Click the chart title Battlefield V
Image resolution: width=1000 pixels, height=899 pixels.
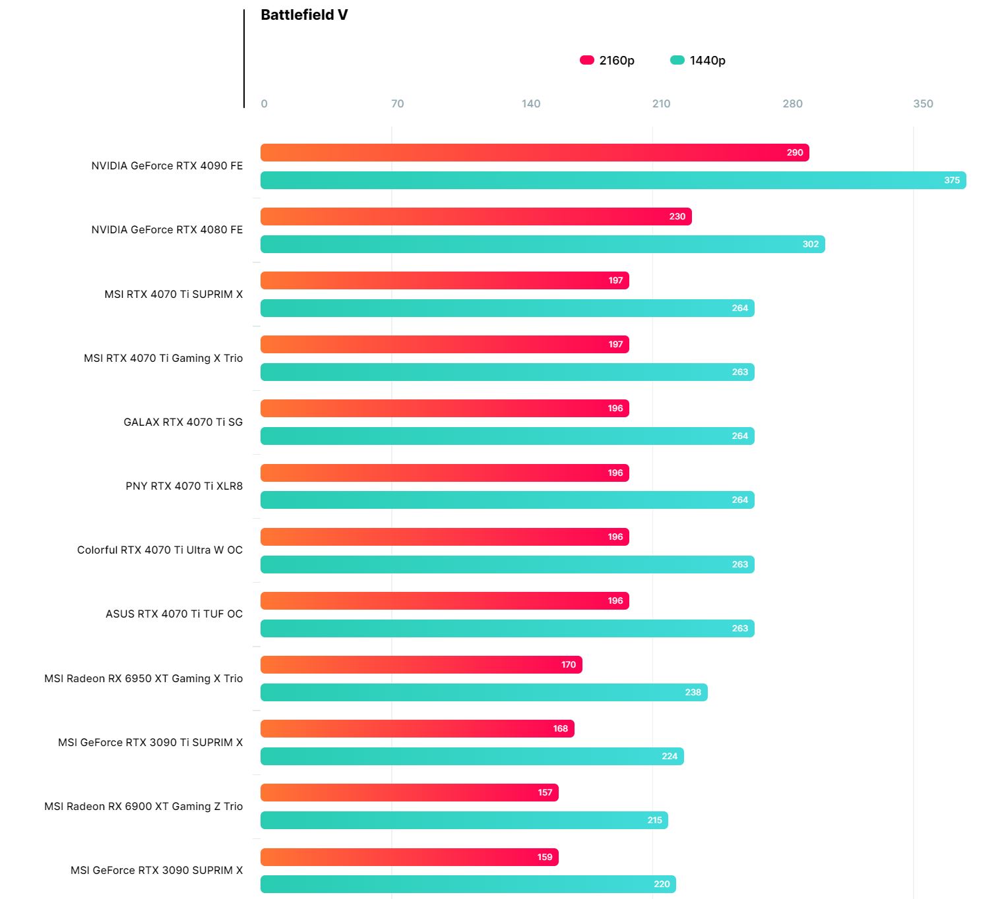pos(304,15)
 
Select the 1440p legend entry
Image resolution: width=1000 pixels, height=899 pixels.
pos(698,61)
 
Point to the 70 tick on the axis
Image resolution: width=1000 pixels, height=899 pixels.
pos(397,103)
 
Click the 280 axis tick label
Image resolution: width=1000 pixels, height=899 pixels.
pos(792,103)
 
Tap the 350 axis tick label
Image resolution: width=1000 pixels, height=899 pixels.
pos(923,103)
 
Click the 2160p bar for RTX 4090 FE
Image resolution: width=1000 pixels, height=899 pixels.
pos(534,153)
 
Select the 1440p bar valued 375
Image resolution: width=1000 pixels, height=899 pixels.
pos(613,181)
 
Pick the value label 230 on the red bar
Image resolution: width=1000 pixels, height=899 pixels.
pos(677,217)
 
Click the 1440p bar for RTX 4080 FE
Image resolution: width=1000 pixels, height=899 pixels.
pos(542,245)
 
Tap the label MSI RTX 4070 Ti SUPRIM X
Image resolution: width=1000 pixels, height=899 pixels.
pos(173,294)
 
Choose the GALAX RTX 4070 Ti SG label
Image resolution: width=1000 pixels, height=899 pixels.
pos(183,422)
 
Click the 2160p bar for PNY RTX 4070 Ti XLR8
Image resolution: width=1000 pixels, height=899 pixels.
pos(445,473)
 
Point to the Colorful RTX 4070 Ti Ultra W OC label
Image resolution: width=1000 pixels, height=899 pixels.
pos(160,550)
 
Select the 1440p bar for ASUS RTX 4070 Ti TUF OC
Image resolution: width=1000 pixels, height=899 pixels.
pos(507,629)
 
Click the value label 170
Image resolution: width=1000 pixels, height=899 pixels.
pos(569,665)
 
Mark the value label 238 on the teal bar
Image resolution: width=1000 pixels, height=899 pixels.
pos(693,693)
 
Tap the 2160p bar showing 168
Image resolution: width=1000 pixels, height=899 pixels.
pos(417,729)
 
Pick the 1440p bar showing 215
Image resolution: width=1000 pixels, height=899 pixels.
pos(464,821)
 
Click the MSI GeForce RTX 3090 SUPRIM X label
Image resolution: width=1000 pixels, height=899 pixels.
pos(156,870)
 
